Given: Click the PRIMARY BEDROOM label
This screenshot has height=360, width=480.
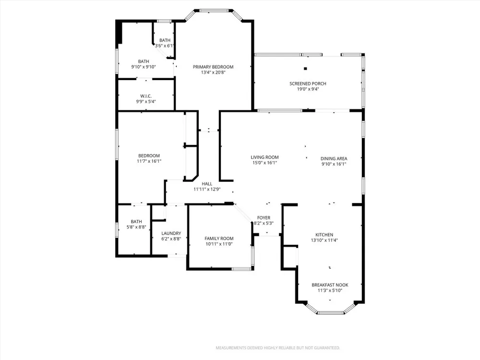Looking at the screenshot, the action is pos(213,67).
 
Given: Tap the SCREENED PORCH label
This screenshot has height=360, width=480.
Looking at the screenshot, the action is pos(308,84).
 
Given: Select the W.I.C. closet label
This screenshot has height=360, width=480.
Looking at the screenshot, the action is pos(146,96).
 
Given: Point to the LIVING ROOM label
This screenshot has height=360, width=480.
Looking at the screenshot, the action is pos(265,157).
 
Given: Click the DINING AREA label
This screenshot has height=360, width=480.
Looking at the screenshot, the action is pos(334,158).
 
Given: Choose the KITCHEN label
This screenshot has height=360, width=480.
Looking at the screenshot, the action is pos(324,235).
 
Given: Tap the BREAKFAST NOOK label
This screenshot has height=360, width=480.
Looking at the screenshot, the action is pos(330,285).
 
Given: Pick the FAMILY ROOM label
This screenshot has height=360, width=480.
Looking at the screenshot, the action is pos(219,239).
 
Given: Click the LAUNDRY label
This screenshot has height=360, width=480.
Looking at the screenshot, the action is pos(171,233).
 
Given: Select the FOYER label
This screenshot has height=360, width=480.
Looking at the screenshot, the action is pos(264,218).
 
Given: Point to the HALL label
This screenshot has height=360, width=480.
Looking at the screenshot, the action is pos(207,184).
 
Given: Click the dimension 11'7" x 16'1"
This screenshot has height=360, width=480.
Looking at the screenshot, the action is pos(149,161).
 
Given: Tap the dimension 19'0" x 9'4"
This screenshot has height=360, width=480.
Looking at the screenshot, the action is pos(308,89).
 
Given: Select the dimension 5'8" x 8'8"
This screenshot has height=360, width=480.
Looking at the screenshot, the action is pos(136,227).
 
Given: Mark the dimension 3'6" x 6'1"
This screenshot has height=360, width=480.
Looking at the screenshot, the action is pos(164,46).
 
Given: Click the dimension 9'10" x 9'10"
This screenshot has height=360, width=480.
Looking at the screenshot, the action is pos(144,67).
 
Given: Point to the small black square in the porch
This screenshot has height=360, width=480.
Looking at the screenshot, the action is pos(305,69).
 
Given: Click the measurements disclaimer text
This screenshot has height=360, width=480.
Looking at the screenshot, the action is pos(277,348).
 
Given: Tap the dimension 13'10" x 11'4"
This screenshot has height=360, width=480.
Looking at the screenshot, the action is pos(324,240).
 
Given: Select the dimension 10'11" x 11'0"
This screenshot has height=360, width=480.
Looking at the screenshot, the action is pos(219,244).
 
